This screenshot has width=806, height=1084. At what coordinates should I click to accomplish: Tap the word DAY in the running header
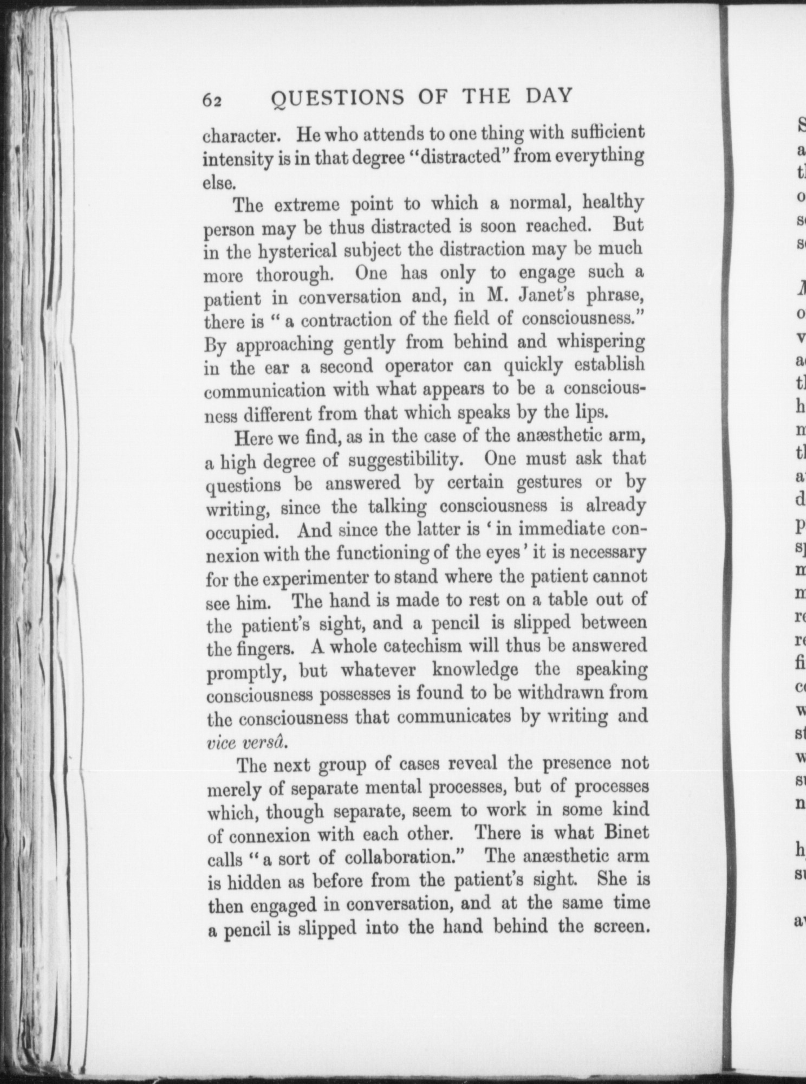(x=548, y=95)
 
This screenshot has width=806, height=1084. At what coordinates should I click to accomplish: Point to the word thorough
(x=293, y=274)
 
